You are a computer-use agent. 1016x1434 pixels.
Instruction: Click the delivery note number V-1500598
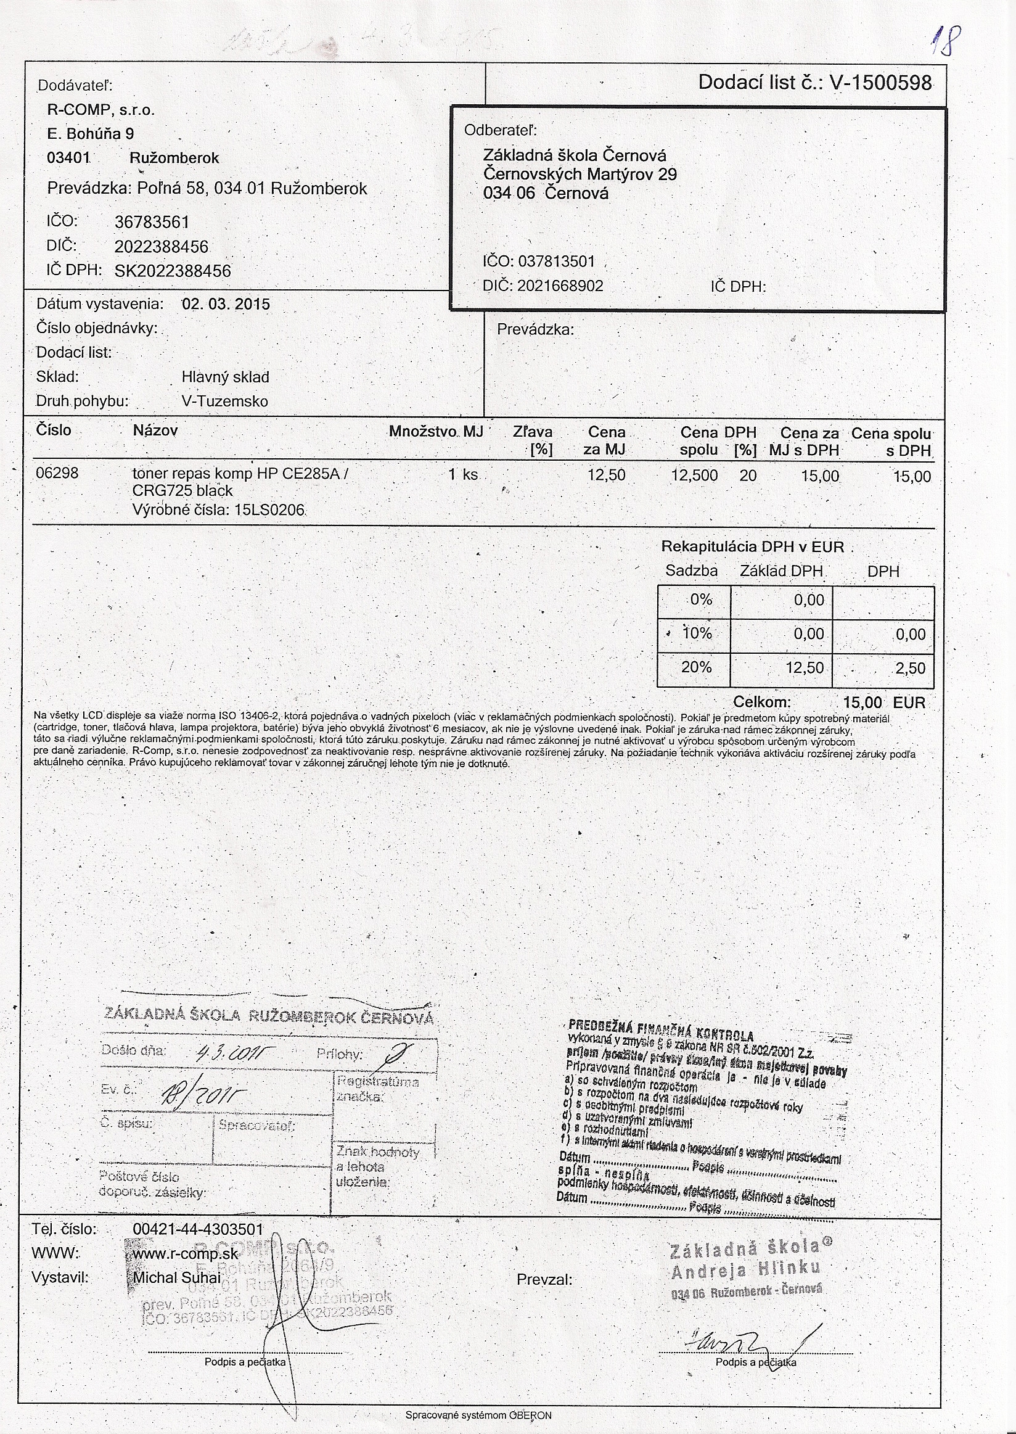pyautogui.click(x=880, y=83)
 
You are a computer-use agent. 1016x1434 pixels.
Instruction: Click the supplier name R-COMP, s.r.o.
pyautogui.click(x=100, y=110)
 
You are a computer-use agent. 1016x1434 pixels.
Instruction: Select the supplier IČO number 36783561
pyautogui.click(x=152, y=222)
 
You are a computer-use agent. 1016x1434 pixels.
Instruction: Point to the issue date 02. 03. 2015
pyautogui.click(x=226, y=304)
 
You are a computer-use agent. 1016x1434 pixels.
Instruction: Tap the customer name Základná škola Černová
pyautogui.click(x=575, y=155)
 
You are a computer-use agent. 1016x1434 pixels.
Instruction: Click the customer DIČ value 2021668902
pyautogui.click(x=560, y=286)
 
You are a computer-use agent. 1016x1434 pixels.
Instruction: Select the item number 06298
pyautogui.click(x=57, y=473)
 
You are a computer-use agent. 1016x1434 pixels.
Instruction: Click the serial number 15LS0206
pyautogui.click(x=269, y=509)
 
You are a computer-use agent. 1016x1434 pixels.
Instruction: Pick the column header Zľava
pyautogui.click(x=533, y=432)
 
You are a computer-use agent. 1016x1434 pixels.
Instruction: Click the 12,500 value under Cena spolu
pyautogui.click(x=694, y=475)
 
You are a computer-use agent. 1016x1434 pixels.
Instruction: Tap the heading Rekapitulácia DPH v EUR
pyautogui.click(x=753, y=546)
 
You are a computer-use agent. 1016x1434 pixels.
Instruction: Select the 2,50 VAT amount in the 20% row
pyautogui.click(x=911, y=668)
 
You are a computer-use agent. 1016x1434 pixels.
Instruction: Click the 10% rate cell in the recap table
pyautogui.click(x=697, y=633)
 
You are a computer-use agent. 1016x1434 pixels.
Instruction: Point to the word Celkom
pyautogui.click(x=762, y=703)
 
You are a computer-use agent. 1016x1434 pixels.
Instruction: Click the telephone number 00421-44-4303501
pyautogui.click(x=199, y=1229)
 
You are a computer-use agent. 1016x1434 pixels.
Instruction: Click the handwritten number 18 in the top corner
pyautogui.click(x=940, y=42)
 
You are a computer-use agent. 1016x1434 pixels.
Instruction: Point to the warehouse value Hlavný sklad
pyautogui.click(x=225, y=377)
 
